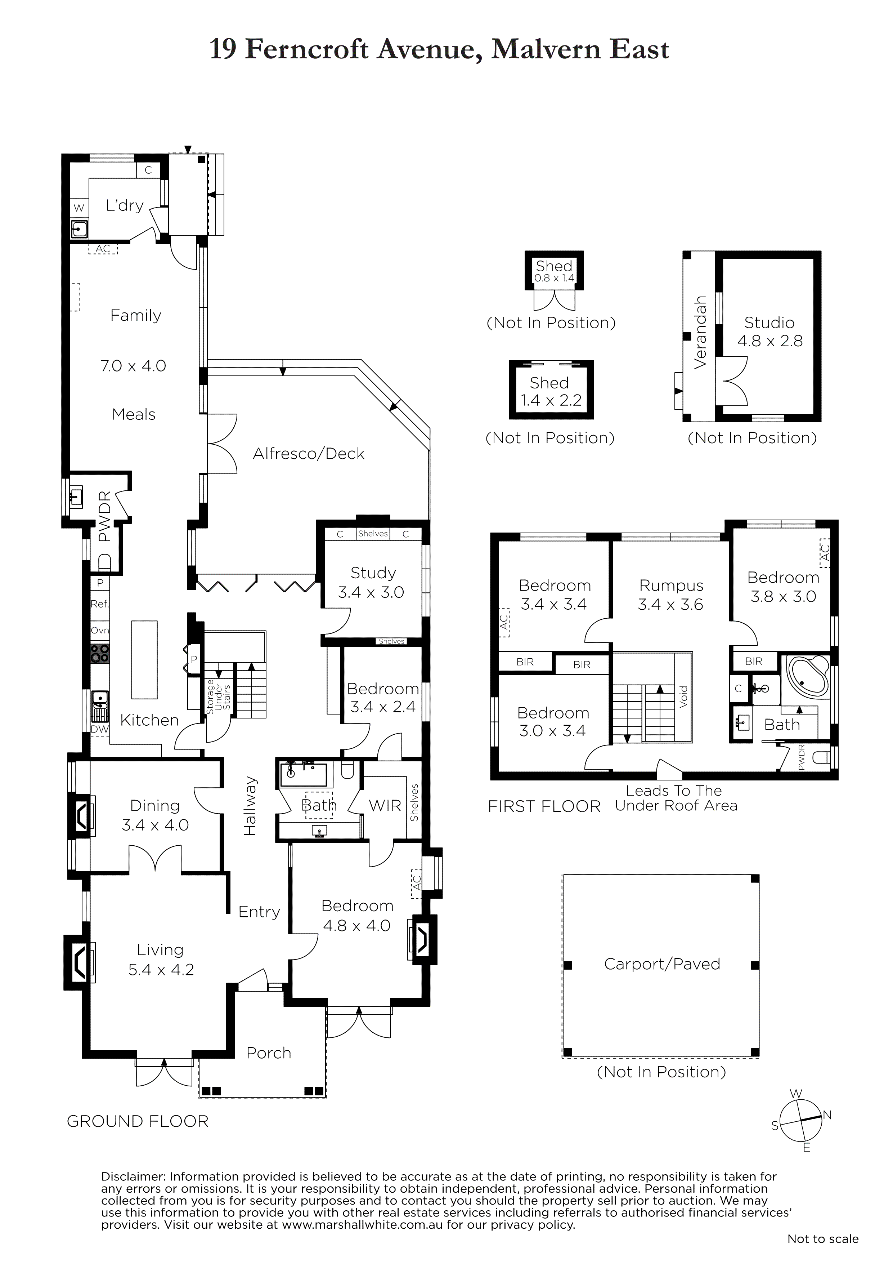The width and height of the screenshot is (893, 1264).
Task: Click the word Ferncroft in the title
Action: click(x=306, y=50)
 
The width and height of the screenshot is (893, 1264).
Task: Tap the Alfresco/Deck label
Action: click(x=309, y=454)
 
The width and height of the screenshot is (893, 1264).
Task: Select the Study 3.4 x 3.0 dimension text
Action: click(x=371, y=592)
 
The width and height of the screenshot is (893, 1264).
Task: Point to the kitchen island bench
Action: click(x=144, y=659)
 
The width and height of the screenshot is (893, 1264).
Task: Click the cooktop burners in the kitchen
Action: click(x=100, y=654)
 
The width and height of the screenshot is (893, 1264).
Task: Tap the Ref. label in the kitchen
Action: click(x=100, y=604)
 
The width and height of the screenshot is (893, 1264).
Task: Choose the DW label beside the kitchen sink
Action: click(x=100, y=729)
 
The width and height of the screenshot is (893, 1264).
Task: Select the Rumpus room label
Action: click(x=671, y=586)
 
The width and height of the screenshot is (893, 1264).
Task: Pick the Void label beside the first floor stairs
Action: click(x=684, y=696)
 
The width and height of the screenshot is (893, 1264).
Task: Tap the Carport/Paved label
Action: click(x=662, y=964)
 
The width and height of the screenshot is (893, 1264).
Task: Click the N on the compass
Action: click(x=827, y=1115)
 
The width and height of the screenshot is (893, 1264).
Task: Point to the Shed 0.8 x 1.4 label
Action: click(x=554, y=271)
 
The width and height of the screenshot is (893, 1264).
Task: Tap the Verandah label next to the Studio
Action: click(x=700, y=333)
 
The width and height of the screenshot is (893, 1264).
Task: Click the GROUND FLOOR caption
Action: click(x=138, y=1121)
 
